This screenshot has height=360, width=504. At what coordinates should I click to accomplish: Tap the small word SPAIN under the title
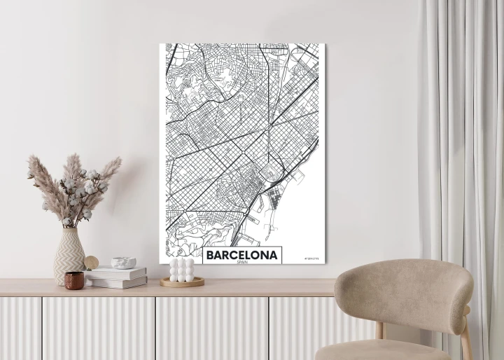point(242,264)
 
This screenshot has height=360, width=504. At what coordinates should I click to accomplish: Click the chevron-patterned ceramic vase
point(69,255)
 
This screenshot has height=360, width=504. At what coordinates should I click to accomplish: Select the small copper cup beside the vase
point(74,280)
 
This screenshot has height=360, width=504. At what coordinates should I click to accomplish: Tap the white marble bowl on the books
point(123,263)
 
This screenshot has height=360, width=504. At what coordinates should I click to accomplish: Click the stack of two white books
point(116,277)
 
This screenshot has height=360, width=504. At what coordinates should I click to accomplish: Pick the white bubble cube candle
point(182,270)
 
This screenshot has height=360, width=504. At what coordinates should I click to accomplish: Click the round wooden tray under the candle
point(182,282)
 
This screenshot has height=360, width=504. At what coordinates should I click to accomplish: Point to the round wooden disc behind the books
point(92,263)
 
